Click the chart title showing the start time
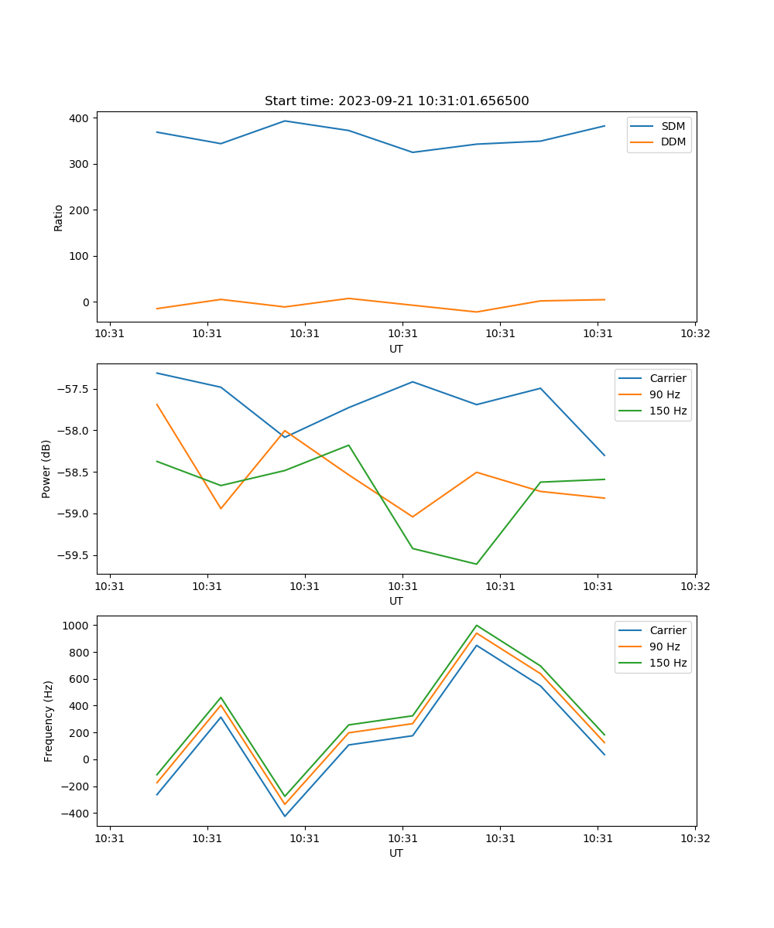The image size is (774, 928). (396, 101)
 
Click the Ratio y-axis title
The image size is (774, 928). (59, 217)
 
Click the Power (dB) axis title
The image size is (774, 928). (46, 469)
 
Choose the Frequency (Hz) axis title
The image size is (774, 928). (49, 721)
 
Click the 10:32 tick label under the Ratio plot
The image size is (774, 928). (695, 334)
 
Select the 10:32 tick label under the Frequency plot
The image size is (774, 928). (695, 838)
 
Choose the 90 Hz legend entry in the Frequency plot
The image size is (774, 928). (665, 647)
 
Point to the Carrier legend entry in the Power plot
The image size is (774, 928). (667, 378)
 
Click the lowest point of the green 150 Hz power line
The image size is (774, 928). (477, 564)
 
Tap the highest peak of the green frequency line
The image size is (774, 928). (477, 625)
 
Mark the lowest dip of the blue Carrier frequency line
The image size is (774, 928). (285, 816)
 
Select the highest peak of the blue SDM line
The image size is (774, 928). (285, 121)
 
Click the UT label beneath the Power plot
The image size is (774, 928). (396, 601)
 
